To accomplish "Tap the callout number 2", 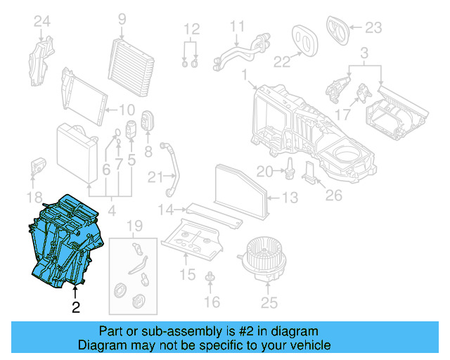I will [75, 307].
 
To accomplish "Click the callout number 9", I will [122, 18].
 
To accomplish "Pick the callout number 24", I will [42, 22].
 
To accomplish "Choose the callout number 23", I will [373, 27].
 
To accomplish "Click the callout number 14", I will [165, 209].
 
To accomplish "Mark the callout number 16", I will [212, 302].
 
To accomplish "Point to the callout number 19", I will [134, 226].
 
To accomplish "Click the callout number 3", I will [364, 53].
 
